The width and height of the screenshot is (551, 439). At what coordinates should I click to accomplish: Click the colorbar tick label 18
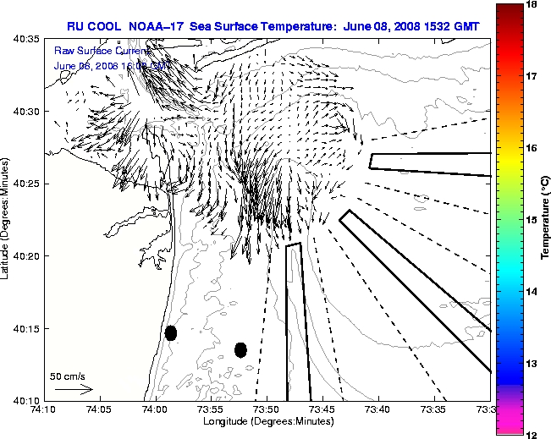pyautogui.click(x=534, y=4)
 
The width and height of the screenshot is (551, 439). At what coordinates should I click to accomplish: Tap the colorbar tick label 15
pyautogui.click(x=534, y=220)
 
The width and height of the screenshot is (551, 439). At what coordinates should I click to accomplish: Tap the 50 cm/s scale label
pyautogui.click(x=68, y=376)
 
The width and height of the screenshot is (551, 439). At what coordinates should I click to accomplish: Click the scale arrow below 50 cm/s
pyautogui.click(x=73, y=389)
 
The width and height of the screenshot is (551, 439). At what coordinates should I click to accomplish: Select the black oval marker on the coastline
pyautogui.click(x=171, y=332)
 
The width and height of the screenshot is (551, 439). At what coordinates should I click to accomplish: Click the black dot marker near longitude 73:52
pyautogui.click(x=240, y=349)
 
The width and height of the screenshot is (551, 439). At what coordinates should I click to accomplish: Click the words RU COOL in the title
pyautogui.click(x=91, y=26)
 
